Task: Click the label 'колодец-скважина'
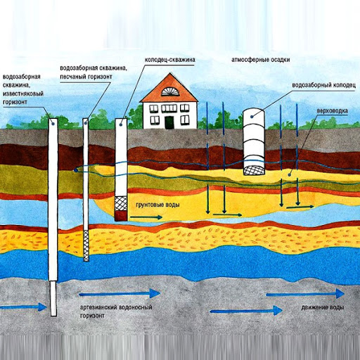(x=170, y=60)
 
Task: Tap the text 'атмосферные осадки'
(x=261, y=60)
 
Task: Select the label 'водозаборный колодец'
(x=323, y=85)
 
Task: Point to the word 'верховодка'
(x=333, y=110)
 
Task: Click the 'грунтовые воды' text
(x=157, y=205)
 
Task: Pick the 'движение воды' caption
(x=323, y=307)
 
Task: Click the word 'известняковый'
(x=23, y=94)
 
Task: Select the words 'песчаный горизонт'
(x=86, y=77)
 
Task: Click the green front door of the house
(x=169, y=122)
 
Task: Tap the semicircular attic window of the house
(x=170, y=91)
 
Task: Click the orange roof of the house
(x=169, y=89)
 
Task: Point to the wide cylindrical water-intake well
(x=254, y=141)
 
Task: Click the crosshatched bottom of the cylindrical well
(x=254, y=169)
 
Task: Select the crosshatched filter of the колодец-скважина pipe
(x=121, y=203)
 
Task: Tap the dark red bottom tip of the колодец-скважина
(x=121, y=216)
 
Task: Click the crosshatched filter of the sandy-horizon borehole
(x=86, y=245)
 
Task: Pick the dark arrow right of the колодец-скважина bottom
(x=146, y=217)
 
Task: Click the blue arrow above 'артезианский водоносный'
(x=120, y=294)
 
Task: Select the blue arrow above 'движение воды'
(x=305, y=294)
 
